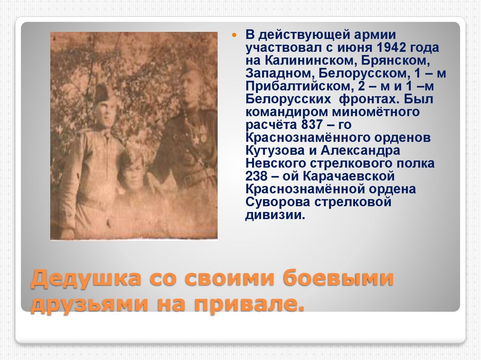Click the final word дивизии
(x=274, y=215)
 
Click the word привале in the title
(x=251, y=305)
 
